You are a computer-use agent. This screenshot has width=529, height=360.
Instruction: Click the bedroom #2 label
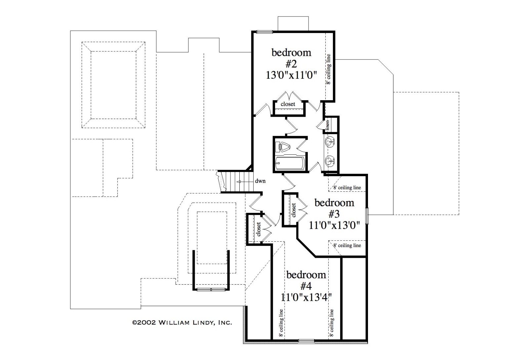coord(291,58)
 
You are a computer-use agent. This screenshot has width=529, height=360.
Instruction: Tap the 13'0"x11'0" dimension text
coord(291,75)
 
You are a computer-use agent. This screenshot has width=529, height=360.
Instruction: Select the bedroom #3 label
coord(334,209)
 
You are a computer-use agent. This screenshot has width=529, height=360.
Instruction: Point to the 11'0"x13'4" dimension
coord(306,298)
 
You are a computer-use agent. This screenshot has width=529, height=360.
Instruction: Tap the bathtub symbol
coord(290,162)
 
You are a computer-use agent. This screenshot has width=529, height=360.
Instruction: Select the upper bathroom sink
coord(330,141)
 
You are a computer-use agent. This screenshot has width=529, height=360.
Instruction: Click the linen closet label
coord(328,125)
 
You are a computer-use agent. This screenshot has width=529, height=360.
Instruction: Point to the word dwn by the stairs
coord(260,181)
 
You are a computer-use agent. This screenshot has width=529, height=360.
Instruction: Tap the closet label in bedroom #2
coord(288,104)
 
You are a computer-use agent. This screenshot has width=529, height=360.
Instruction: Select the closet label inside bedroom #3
coord(294,210)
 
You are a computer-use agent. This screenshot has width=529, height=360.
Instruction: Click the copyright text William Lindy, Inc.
coord(182,322)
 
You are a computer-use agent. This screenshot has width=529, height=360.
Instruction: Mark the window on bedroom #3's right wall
coord(367,216)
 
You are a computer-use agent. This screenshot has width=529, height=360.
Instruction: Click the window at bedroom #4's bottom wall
coord(306,340)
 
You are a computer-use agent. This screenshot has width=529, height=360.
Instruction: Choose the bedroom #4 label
coord(306,280)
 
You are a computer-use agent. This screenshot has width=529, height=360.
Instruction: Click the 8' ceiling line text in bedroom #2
coord(328,69)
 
